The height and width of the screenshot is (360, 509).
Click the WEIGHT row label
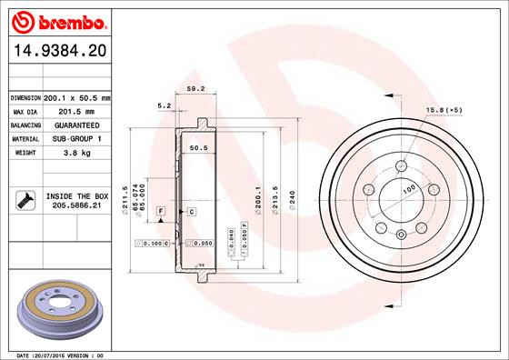click(25, 154)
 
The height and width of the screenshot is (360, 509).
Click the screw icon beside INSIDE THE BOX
click(25, 201)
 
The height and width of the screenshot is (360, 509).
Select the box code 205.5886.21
click(77, 206)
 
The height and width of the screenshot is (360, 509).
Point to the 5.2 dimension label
click(164, 106)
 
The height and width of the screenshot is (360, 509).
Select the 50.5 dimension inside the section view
click(197, 146)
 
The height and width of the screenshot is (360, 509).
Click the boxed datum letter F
click(160, 211)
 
